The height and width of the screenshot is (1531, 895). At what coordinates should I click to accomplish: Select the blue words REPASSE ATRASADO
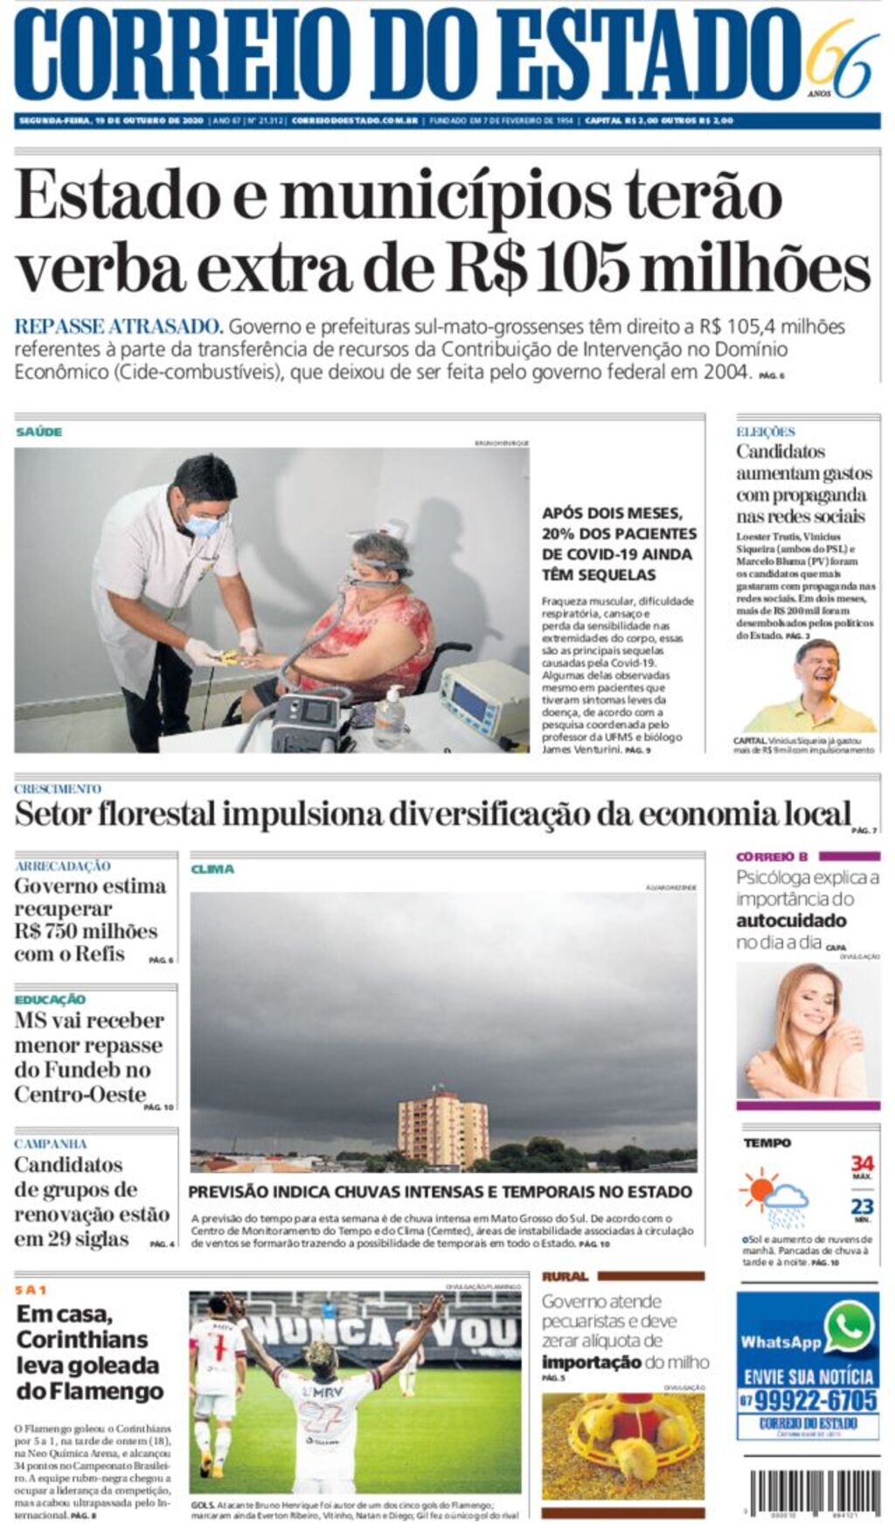coord(119,327)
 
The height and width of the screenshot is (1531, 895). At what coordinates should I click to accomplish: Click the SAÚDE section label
coord(38,432)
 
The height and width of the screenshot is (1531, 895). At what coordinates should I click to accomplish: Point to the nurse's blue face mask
coord(203,525)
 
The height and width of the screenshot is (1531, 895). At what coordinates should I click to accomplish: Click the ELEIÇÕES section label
coord(765,432)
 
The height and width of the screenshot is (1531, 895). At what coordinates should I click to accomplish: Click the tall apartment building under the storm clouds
coord(442,1127)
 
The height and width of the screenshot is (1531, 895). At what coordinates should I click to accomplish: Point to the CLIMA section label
coord(212,869)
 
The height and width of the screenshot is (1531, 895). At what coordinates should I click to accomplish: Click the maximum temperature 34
coord(862,1163)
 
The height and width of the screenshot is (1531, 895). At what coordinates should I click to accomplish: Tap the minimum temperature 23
coord(862,1207)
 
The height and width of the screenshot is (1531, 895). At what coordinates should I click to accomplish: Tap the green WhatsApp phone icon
coord(848,1329)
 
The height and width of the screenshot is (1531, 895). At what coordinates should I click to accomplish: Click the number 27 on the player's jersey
coord(319,1417)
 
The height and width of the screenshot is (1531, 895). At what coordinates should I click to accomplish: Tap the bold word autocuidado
coord(790,920)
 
